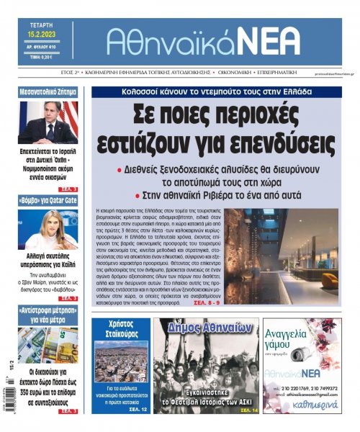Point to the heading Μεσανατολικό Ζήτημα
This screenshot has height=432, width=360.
48,92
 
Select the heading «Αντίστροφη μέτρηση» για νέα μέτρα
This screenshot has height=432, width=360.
48,314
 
